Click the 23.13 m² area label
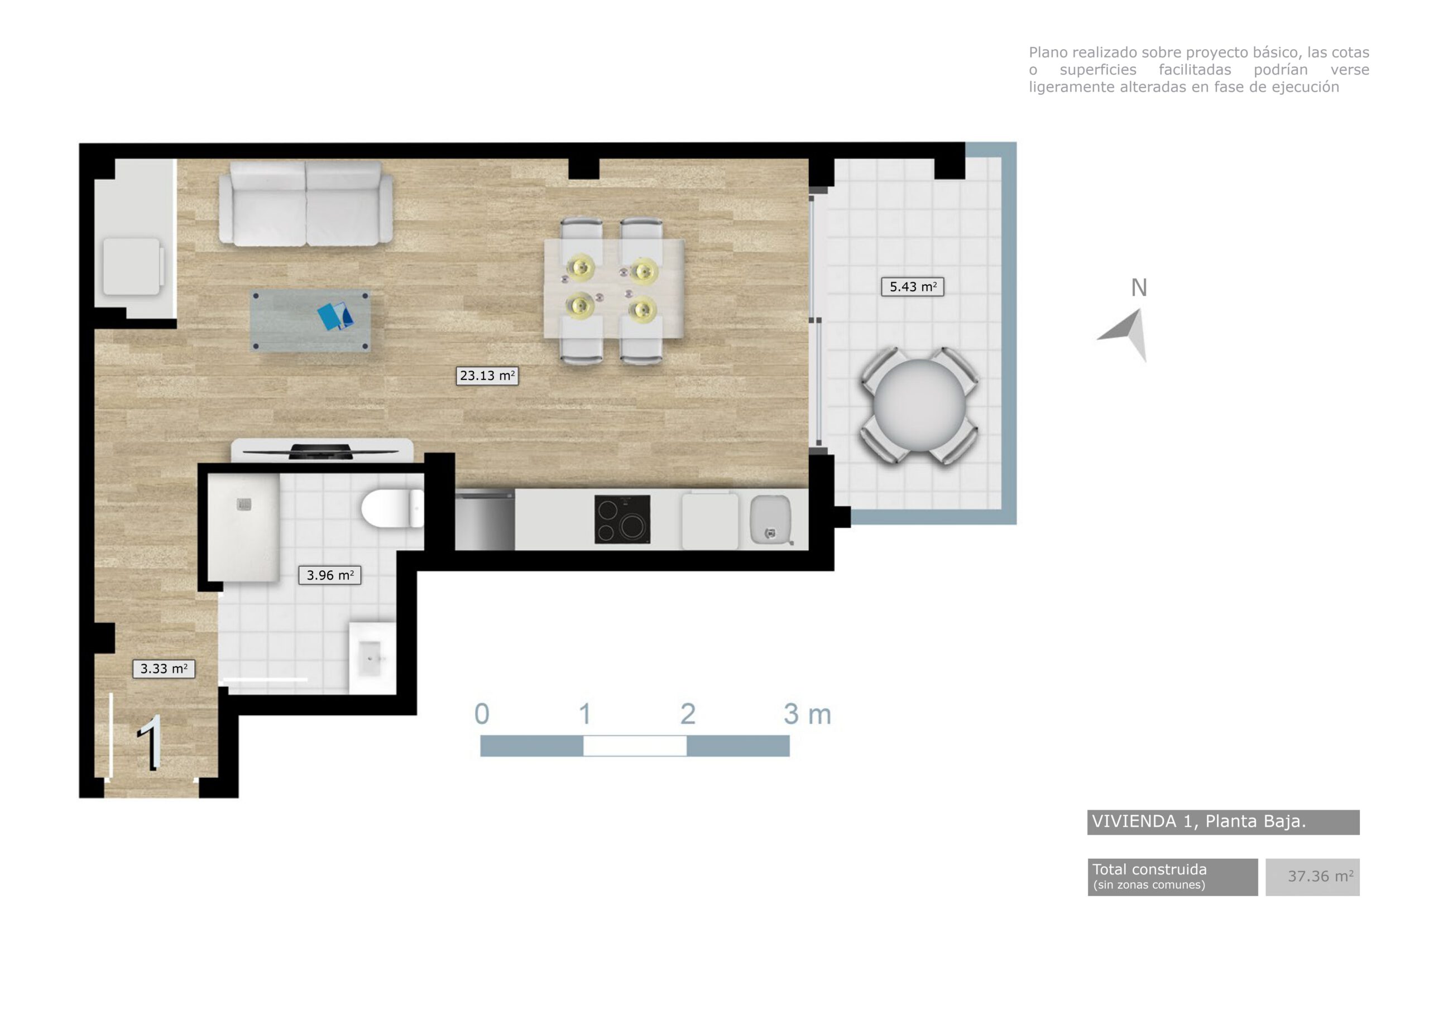[487, 376]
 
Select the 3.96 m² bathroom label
[330, 575]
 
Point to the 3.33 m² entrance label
[164, 669]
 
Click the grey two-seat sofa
[305, 204]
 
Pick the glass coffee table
[310, 320]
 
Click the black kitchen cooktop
[622, 519]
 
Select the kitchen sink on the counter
[770, 519]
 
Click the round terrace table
[919, 406]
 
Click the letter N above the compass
[1138, 288]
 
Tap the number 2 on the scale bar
[687, 714]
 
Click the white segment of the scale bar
[635, 746]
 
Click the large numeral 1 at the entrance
[151, 743]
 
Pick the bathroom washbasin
[372, 658]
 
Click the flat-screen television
[321, 451]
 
